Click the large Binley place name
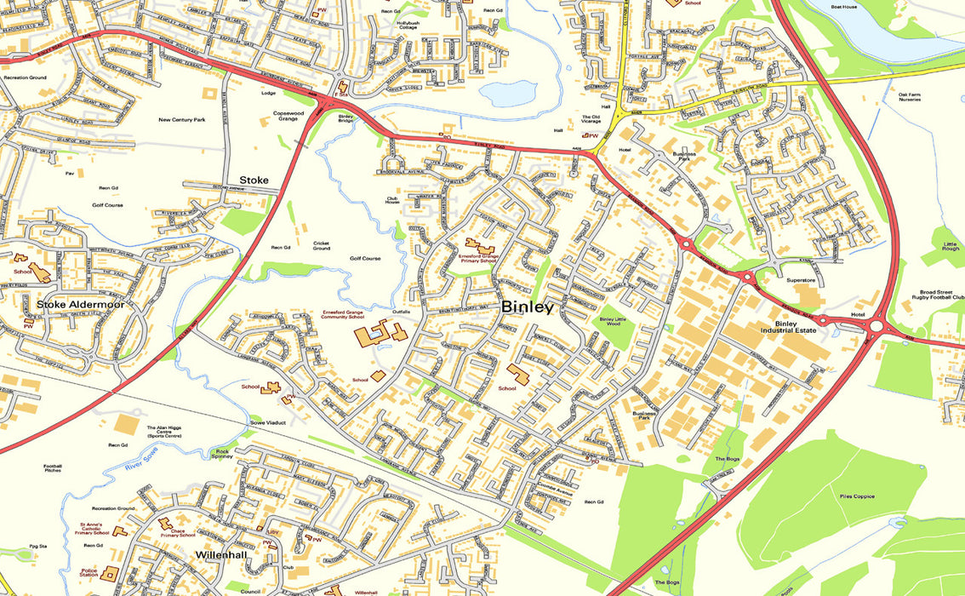[x=528, y=307]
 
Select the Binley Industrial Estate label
[x=795, y=327]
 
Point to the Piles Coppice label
[x=856, y=496]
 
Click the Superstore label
[x=801, y=279]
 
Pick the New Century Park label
[x=182, y=120]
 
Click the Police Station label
[x=89, y=575]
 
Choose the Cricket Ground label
[x=321, y=245]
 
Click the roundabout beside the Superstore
[x=750, y=276]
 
